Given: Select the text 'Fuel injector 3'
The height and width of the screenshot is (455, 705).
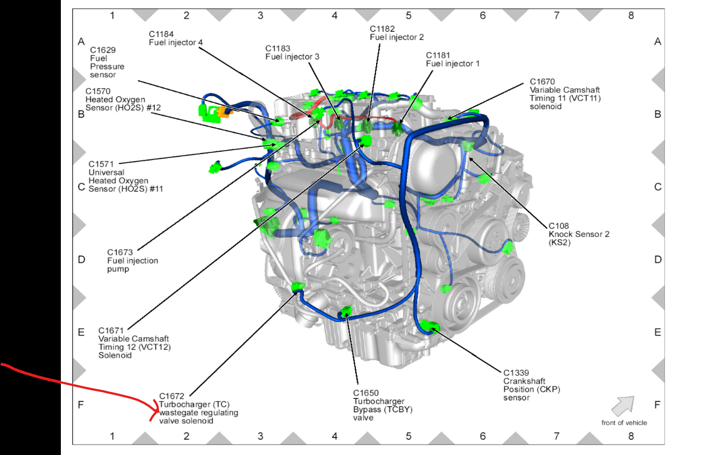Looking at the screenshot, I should tap(292, 56).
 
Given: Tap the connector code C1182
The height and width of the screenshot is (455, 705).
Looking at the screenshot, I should tap(383, 29).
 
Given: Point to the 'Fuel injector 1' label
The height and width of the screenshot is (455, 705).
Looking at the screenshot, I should tap(453, 64).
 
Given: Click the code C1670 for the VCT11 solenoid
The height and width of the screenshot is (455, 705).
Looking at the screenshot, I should tap(543, 82).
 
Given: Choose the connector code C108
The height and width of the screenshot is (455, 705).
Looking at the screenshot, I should tap(559, 226).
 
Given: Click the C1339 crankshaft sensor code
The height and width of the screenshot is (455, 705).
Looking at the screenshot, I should tap(517, 373).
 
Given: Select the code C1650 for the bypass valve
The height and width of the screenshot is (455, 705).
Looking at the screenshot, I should tap(366, 393).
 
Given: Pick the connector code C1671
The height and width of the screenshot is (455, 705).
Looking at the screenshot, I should tap(111, 331).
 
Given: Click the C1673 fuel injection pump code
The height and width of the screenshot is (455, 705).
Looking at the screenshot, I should tap(120, 252).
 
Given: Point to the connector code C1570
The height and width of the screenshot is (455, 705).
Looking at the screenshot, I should tap(98, 91).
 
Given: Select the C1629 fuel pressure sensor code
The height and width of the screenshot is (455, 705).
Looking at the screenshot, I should tap(103, 49).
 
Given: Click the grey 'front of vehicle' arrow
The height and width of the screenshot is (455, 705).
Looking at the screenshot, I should tap(623, 406).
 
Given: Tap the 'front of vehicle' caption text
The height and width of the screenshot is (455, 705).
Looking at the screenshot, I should tap(624, 423).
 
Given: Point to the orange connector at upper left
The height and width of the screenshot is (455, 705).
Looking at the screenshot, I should tap(224, 112).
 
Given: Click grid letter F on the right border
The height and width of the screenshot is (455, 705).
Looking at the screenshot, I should tap(657, 405).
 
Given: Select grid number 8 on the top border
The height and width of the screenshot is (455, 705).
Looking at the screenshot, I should tap(630, 15).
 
